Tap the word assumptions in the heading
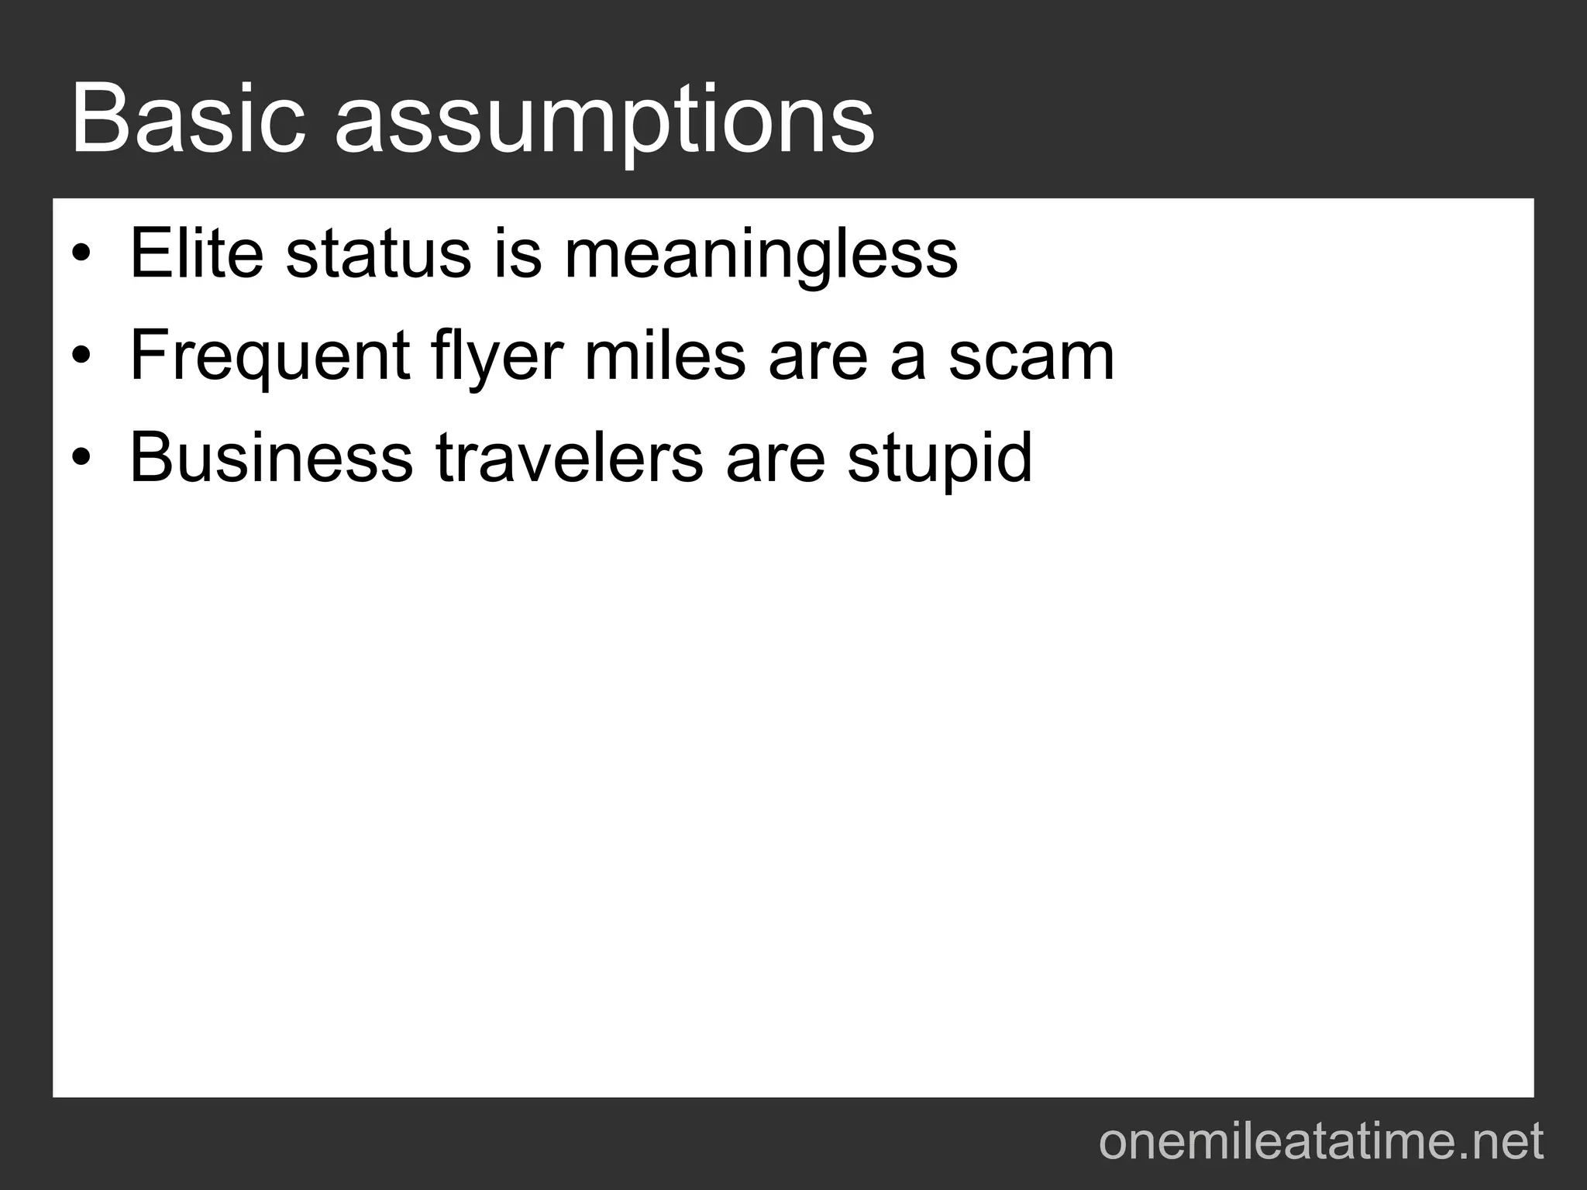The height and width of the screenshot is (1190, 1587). coord(604,124)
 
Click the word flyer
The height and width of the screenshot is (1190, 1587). coord(497,358)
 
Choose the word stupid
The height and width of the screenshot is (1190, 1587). coord(939,460)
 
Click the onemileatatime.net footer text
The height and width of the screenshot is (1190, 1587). coord(1321,1142)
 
